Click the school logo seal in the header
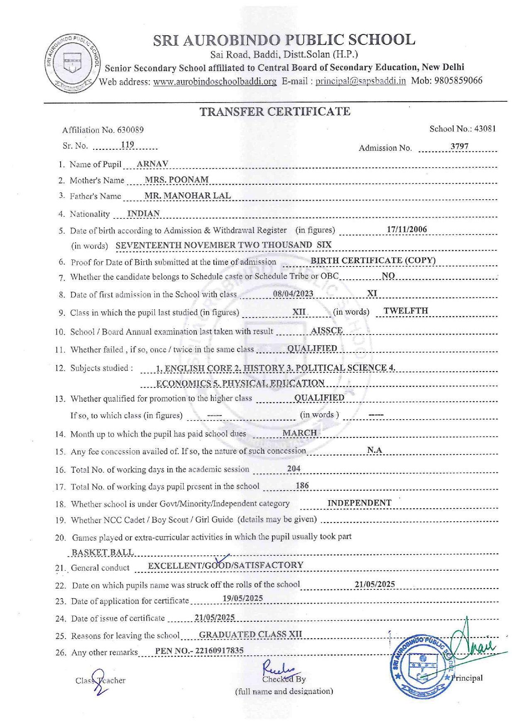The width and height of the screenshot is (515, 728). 72,63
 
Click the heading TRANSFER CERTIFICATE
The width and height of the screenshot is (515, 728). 275,112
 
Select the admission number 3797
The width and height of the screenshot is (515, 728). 459,147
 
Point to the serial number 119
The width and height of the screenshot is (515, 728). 128,144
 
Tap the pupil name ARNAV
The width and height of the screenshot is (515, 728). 152,164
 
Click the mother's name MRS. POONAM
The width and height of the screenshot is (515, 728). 177,180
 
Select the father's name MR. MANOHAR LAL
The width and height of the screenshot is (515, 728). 187,195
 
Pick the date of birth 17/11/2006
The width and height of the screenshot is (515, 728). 407,230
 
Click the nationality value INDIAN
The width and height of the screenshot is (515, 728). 143,213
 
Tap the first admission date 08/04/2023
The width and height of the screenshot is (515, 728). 293,294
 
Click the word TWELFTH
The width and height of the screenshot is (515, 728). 405,311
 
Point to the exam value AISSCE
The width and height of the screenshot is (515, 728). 326,330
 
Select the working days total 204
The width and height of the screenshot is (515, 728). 294,469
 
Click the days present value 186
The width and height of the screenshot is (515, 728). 302,486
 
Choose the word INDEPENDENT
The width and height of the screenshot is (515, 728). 359,503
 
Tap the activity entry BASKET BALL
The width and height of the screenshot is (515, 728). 103,552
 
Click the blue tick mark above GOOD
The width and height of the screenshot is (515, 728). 222,559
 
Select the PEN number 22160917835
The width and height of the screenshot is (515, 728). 219,650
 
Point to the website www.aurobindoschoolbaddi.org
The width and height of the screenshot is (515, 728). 215,81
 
